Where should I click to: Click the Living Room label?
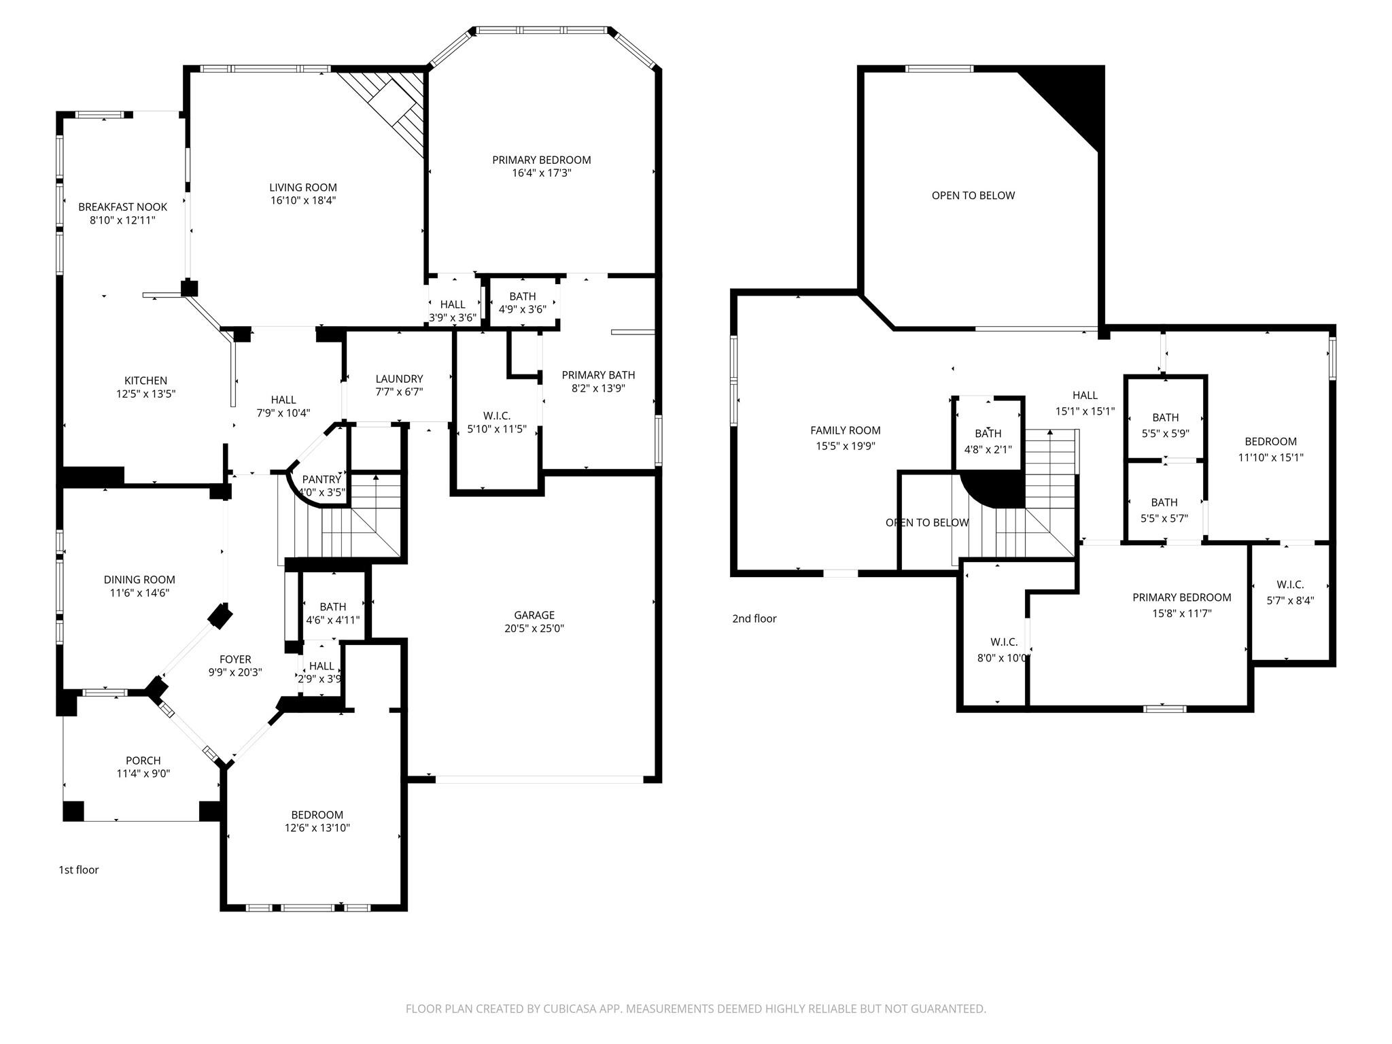[302, 188]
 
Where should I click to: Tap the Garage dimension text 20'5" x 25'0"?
[534, 628]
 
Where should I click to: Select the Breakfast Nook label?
[122, 207]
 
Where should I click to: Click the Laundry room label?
[399, 379]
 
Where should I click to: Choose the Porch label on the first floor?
[143, 761]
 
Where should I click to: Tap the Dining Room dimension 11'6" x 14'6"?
[139, 593]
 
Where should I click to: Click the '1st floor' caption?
[78, 870]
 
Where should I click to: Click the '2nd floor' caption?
[754, 619]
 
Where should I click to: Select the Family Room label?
[845, 430]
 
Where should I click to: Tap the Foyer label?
[235, 659]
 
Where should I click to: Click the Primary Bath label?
[598, 375]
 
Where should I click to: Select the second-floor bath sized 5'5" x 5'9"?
[1165, 425]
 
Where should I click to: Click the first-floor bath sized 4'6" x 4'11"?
[332, 613]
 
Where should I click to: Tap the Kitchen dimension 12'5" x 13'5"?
[145, 394]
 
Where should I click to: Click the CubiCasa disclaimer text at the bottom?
[695, 1009]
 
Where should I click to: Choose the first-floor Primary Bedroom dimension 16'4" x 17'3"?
[541, 173]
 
